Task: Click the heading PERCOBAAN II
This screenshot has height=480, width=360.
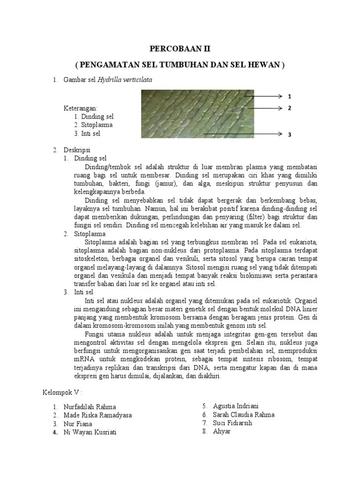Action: click(x=180, y=48)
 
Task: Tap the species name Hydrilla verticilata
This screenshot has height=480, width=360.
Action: click(x=125, y=80)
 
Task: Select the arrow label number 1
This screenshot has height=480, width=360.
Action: click(x=290, y=97)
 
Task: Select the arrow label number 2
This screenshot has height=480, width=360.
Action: click(x=290, y=108)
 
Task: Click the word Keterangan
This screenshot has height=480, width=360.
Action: click(x=81, y=108)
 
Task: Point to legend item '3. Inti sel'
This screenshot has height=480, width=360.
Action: click(x=87, y=134)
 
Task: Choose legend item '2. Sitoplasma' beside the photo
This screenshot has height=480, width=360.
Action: click(x=93, y=125)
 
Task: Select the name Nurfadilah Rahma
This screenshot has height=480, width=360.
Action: click(x=90, y=407)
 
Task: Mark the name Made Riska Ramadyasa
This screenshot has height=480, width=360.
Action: click(x=98, y=415)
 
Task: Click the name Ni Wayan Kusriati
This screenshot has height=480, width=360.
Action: click(x=90, y=432)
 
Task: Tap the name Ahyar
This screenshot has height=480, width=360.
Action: click(x=222, y=431)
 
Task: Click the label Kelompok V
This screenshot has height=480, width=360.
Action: click(x=59, y=392)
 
